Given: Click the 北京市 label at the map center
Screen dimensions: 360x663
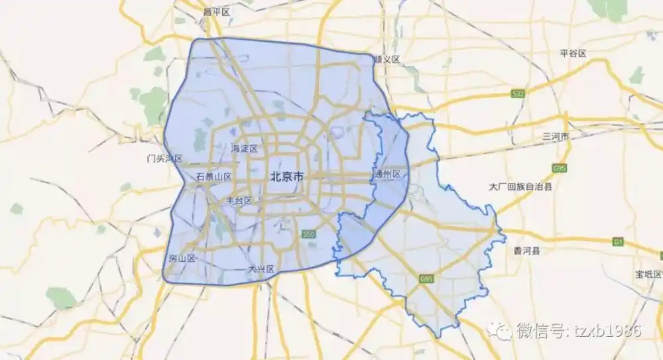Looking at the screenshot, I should tap(286, 177).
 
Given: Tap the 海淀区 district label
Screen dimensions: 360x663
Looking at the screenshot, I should tap(244, 149).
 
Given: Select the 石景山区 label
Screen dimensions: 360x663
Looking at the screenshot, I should tap(214, 177).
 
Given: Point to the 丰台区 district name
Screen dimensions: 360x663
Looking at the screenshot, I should tap(239, 200).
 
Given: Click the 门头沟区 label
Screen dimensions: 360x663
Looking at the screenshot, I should tap(164, 159).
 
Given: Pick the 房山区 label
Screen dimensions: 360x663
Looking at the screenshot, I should tap(182, 259).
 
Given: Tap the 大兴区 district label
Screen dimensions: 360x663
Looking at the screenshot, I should tap(261, 269).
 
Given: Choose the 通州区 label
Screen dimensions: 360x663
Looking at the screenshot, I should tap(387, 174).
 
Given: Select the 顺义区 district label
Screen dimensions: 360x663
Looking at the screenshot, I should tap(387, 60).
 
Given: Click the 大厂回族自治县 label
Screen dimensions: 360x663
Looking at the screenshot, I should tap(520, 187).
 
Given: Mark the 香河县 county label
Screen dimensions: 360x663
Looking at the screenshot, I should tap(527, 251).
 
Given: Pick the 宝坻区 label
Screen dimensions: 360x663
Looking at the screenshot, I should tap(648, 274).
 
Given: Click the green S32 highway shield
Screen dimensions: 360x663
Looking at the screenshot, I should tap(518, 94).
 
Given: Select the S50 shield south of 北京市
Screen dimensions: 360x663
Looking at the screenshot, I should tap(308, 235).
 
